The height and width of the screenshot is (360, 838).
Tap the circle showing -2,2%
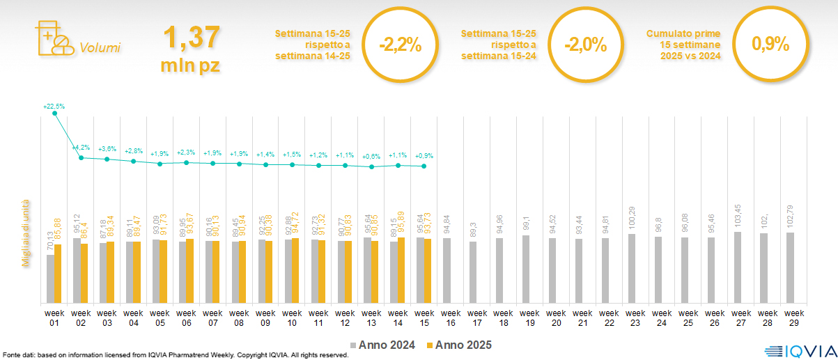400,46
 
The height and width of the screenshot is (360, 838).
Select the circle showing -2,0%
585,46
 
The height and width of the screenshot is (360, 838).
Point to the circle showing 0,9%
770,45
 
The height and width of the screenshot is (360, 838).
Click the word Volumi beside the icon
100,48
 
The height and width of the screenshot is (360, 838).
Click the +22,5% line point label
54,107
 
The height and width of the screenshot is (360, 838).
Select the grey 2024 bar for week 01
50,279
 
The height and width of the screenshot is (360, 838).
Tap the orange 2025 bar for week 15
428,271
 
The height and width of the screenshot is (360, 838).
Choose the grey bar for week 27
737,267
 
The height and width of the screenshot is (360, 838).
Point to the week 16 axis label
450,318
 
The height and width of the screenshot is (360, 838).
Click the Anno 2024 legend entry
383,345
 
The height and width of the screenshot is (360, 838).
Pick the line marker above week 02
81,158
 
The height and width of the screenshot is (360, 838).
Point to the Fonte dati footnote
174,355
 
